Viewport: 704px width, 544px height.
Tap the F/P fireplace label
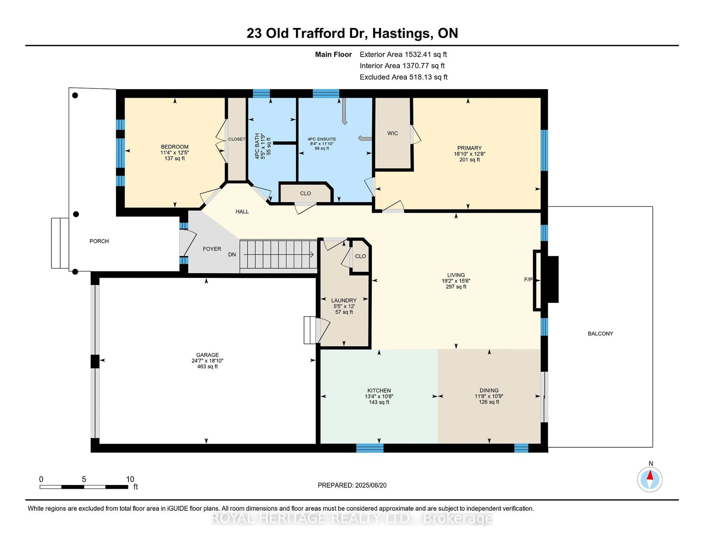point(528,280)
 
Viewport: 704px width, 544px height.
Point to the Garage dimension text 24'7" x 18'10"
point(207,361)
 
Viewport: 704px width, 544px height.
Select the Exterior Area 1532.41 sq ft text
point(403,54)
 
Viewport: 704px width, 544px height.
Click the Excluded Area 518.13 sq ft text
point(403,77)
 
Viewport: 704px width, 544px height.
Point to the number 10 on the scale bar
point(130,479)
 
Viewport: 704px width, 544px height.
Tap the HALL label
point(242,212)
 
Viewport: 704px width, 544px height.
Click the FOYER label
point(212,249)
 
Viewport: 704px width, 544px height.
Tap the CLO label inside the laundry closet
point(360,256)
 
